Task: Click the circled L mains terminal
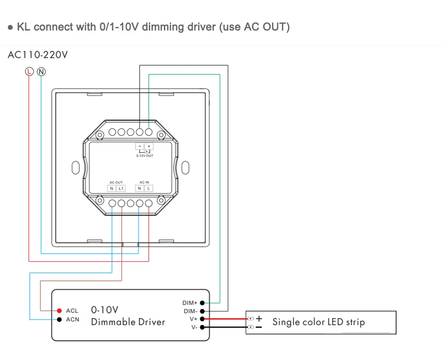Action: tap(29, 72)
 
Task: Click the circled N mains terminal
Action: tap(41, 72)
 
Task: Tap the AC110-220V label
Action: tap(38, 55)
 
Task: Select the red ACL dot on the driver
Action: tap(59, 311)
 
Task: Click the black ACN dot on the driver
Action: tap(59, 320)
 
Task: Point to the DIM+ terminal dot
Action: tap(202, 303)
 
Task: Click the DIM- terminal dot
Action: tap(202, 311)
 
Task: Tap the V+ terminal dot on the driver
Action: tap(202, 319)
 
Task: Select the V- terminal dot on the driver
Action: tap(202, 327)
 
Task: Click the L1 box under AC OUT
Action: tap(121, 188)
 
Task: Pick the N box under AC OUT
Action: tap(112, 188)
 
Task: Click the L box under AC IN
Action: tap(148, 188)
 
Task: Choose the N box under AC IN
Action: tap(139, 188)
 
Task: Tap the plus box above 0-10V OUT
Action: tap(149, 146)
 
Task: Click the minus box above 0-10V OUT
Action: tap(140, 146)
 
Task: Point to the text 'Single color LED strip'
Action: tap(319, 322)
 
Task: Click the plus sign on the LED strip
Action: tap(259, 319)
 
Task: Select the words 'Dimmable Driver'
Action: tap(128, 322)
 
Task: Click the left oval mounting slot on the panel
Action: tap(76, 168)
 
